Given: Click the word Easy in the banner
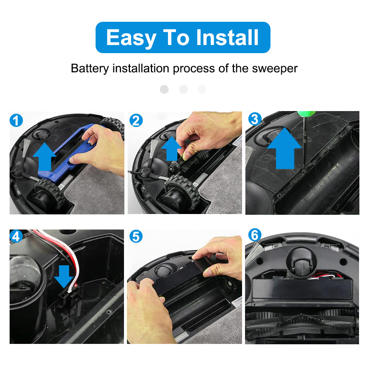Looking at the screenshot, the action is pos(131,38).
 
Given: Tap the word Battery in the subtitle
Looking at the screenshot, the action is pos(90,69).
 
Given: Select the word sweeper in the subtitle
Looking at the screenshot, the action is pos(275,69).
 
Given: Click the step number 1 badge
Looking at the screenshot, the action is pos(16,121).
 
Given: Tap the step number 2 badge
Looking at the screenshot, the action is pos(136,121).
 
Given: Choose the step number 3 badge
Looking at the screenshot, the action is pos(255,119).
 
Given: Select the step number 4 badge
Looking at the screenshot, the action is pos(16,236).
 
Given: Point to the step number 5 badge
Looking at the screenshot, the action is pos(136,237).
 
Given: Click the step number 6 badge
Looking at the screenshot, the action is pos(255,235).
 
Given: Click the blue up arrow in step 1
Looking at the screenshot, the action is pos(45,156).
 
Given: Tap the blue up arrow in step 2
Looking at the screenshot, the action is pos(172,149).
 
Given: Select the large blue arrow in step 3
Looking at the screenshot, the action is pos(284,148).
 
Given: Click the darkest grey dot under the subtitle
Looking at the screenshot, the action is pos(164,89).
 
